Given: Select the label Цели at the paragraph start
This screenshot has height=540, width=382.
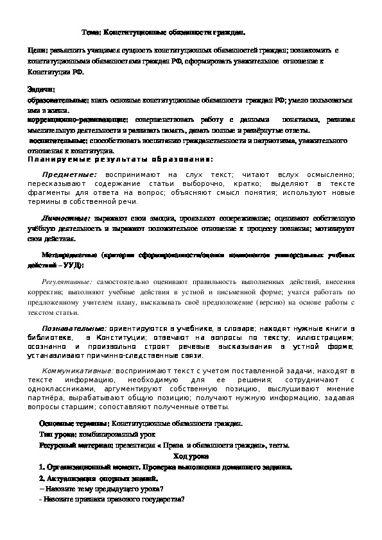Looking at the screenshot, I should pyautogui.click(x=37, y=49).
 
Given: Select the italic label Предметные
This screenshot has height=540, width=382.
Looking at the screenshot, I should pyautogui.click(x=69, y=174).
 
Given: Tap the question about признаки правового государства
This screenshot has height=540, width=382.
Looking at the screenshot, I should pyautogui.click(x=112, y=500).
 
